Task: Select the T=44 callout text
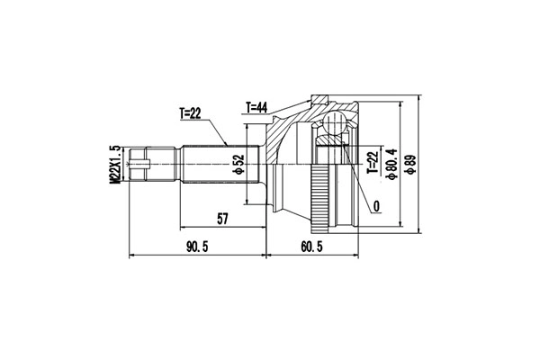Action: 258,106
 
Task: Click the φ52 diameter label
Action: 238,166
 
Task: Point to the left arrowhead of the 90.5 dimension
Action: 133,256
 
